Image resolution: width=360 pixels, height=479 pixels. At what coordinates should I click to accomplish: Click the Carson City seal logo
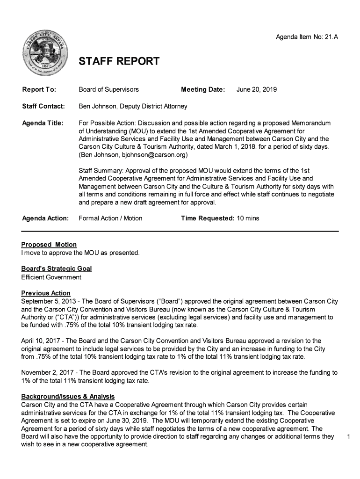point(46,53)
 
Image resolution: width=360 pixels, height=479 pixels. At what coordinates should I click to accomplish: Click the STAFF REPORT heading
point(119,62)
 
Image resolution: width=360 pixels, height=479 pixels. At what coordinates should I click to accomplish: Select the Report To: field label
point(39,89)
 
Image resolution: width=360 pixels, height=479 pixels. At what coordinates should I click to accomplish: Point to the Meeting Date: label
point(203,89)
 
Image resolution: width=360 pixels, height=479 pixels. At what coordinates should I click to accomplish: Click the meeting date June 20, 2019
point(257,89)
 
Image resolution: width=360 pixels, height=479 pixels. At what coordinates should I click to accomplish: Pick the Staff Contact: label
point(43,106)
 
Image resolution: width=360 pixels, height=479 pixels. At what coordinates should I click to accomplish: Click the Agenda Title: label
point(43,123)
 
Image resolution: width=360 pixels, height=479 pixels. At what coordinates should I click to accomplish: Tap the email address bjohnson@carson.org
point(154,154)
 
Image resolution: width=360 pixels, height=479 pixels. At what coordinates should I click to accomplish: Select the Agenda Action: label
point(45,218)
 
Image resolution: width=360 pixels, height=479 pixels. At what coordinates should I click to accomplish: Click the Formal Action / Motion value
point(110,218)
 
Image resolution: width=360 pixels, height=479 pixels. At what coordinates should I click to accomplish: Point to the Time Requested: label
point(208,218)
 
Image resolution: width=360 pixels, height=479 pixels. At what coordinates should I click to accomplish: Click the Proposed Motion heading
point(49,245)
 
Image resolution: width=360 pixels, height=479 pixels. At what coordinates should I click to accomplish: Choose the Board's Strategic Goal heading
point(57,269)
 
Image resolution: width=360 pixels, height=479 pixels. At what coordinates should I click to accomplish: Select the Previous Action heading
point(46,293)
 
